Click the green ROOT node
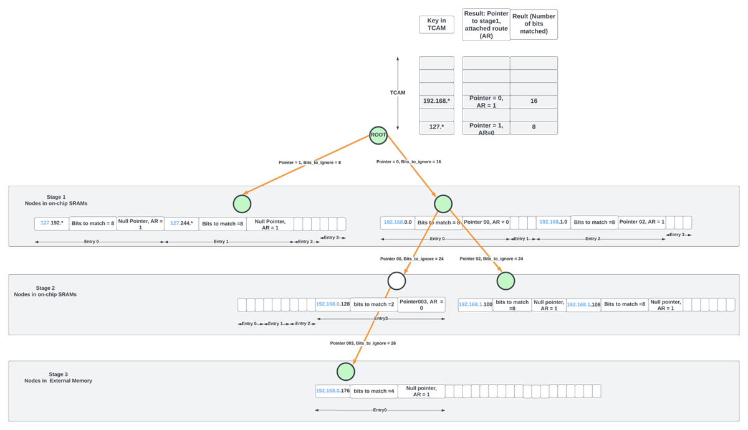(x=378, y=135)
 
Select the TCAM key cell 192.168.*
(x=436, y=101)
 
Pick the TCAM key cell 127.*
(x=436, y=127)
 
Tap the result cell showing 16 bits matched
(x=534, y=101)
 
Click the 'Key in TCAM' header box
(x=436, y=24)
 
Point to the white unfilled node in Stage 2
(x=396, y=281)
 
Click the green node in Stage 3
(x=345, y=371)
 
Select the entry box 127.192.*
(x=52, y=223)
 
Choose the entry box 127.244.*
(x=181, y=224)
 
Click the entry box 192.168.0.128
(x=333, y=304)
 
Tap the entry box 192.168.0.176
(x=333, y=391)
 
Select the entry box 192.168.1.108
(x=583, y=305)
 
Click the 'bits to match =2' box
(x=374, y=304)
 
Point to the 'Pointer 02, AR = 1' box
(x=641, y=222)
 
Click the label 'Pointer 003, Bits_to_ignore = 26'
(x=363, y=343)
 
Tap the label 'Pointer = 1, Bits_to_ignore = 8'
(x=310, y=162)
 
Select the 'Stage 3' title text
(x=58, y=375)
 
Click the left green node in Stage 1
(x=242, y=204)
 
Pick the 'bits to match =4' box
(x=374, y=391)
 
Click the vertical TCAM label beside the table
(x=398, y=93)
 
